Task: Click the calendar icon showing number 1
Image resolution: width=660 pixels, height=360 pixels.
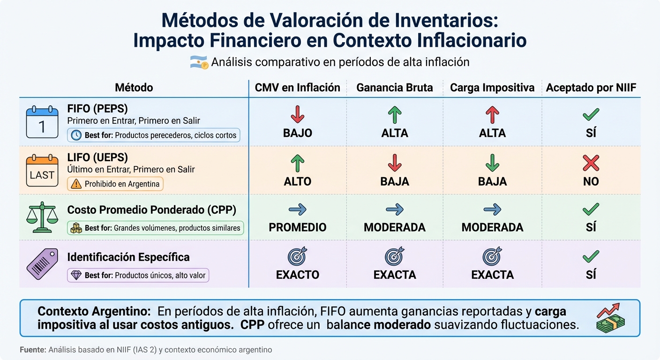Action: [42, 122]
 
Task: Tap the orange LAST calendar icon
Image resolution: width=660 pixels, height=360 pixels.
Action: [42, 171]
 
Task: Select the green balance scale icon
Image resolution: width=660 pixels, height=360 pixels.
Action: [42, 217]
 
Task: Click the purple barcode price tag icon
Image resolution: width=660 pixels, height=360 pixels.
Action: [42, 264]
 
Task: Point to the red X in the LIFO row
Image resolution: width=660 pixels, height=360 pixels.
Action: [591, 163]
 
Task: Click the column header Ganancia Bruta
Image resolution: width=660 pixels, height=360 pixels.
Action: [395, 88]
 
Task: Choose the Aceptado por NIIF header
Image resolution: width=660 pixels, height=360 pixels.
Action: [591, 88]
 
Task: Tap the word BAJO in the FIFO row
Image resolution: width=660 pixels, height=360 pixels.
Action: [298, 133]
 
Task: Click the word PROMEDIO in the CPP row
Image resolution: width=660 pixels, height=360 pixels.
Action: [298, 227]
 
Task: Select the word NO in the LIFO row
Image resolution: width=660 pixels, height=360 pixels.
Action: [591, 181]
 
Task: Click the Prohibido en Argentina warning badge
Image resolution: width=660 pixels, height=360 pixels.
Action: [115, 184]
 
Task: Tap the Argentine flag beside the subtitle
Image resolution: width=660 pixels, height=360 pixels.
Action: [199, 62]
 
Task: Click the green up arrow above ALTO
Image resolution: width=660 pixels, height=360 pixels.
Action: [298, 163]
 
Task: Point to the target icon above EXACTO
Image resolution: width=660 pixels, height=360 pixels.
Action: [298, 256]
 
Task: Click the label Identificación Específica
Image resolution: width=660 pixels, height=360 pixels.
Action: [128, 257]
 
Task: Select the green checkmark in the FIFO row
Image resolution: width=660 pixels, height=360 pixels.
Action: [591, 115]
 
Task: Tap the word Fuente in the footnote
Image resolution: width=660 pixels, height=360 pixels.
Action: [33, 350]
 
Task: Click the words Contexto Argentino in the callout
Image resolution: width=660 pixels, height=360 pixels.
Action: [94, 311]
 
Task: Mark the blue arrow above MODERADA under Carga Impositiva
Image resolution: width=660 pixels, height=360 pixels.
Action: [492, 210]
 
